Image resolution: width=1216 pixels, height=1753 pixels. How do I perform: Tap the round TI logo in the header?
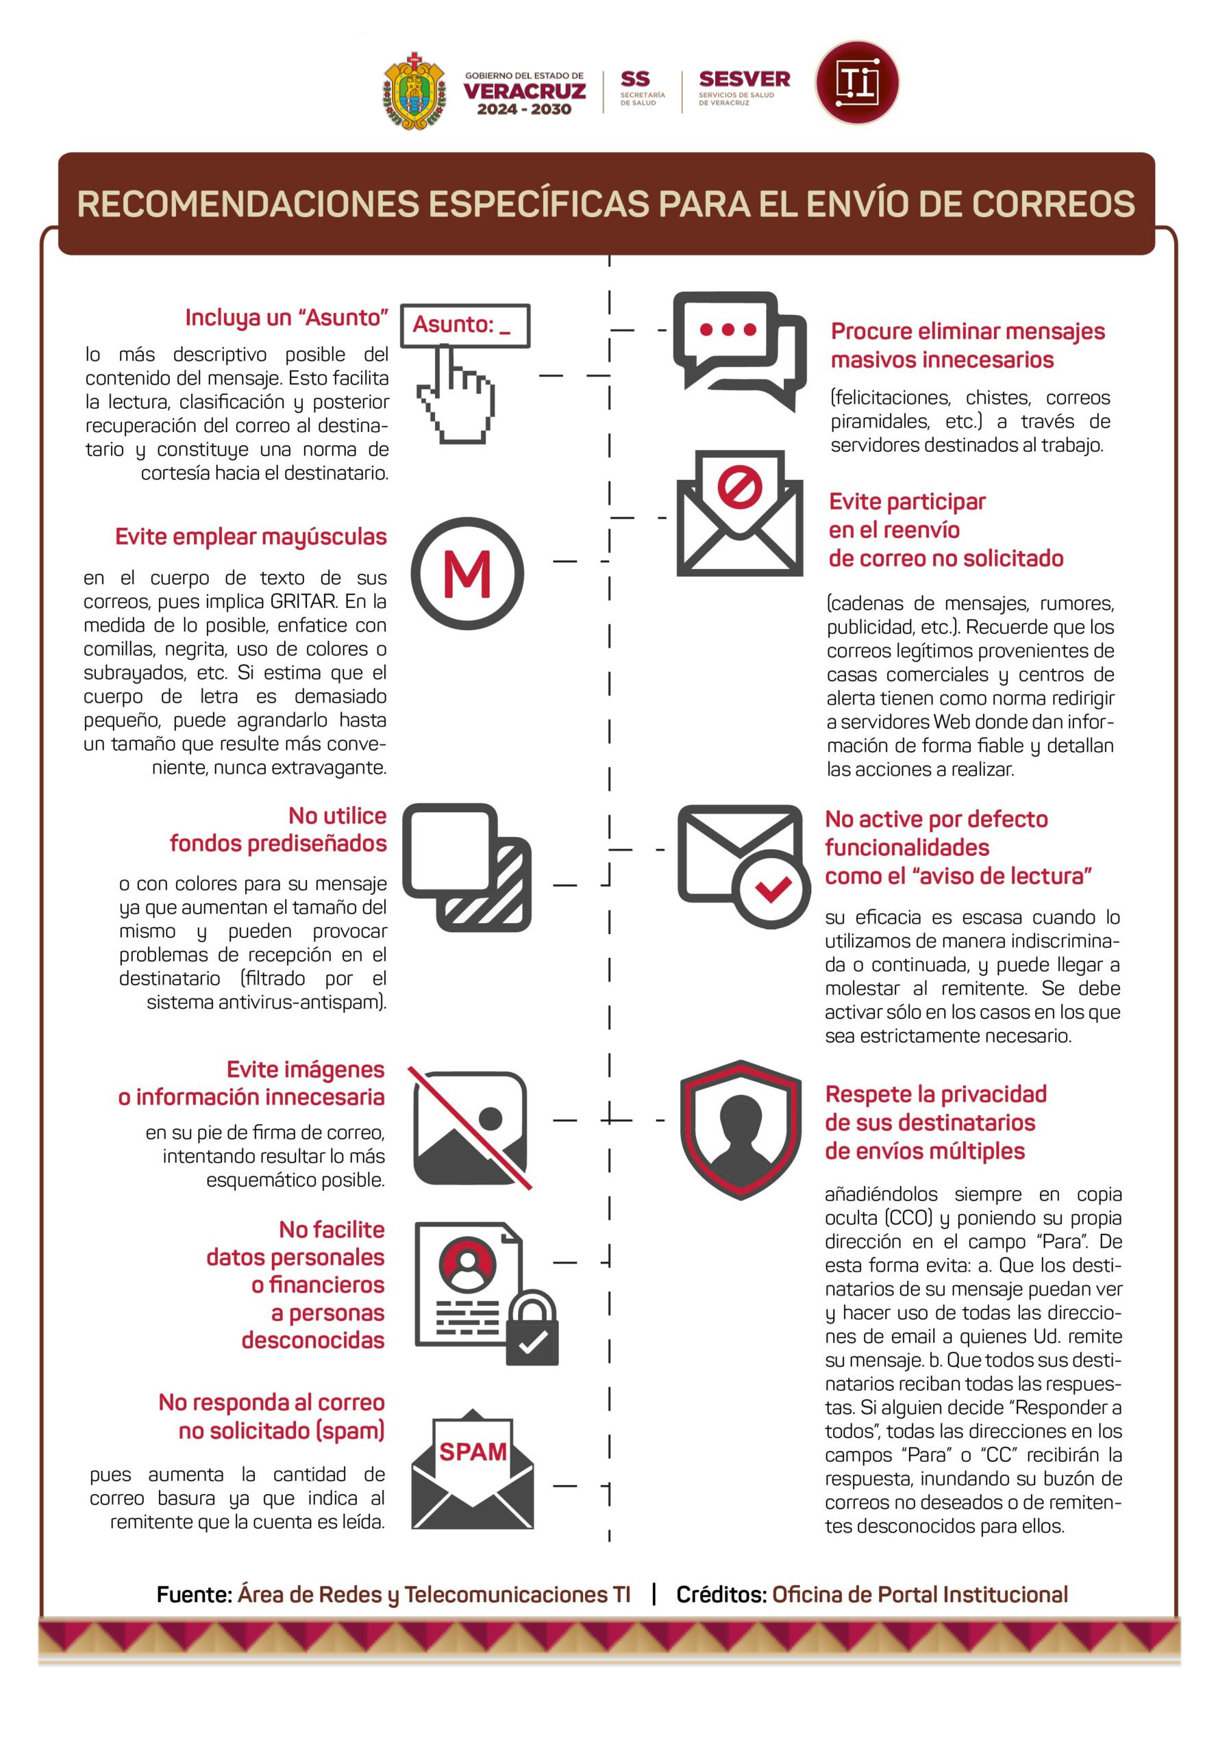tap(856, 82)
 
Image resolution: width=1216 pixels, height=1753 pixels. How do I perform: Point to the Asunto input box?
tap(464, 325)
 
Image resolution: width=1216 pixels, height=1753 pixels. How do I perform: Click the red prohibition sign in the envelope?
tap(739, 488)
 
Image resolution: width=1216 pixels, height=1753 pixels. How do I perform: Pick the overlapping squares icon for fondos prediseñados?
tap(467, 867)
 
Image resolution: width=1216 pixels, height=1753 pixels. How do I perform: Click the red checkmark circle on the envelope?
tap(772, 889)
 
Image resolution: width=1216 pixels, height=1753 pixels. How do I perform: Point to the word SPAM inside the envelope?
tap(473, 1452)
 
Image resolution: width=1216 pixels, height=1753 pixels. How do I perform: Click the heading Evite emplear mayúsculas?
tap(251, 537)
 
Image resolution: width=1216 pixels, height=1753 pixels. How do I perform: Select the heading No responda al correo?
tap(271, 1402)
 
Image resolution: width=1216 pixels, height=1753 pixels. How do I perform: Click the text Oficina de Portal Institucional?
tap(919, 1595)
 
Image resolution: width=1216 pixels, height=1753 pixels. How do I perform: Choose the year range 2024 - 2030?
tap(524, 109)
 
